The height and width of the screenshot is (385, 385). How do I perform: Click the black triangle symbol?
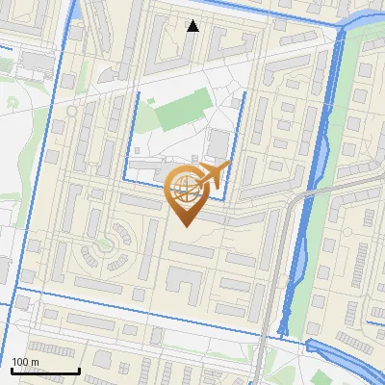tap(193, 26)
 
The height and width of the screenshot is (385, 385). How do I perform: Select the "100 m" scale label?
tap(25, 362)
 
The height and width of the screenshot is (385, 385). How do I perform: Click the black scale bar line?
tap(45, 371)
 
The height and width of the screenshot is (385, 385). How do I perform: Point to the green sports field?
tap(182, 112)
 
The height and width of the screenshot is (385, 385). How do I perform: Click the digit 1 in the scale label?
tap(14, 362)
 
